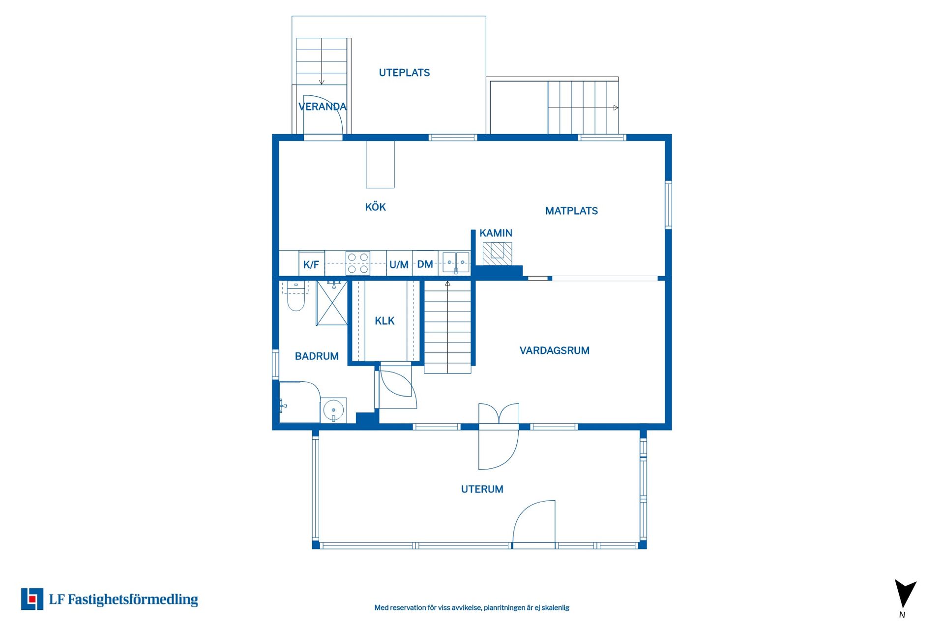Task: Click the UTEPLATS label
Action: [x=404, y=73]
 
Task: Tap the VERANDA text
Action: [x=323, y=107]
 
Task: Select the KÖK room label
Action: [x=375, y=207]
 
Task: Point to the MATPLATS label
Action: [x=571, y=211]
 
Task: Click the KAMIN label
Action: [x=496, y=233]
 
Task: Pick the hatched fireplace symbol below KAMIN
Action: [x=497, y=254]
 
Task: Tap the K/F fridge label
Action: [x=311, y=265]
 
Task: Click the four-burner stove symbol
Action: [x=358, y=263]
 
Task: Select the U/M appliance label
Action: [x=399, y=265]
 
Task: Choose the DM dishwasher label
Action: [x=425, y=264]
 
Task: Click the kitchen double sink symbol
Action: [x=456, y=262]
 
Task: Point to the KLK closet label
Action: [x=384, y=321]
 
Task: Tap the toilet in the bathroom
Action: [x=296, y=296]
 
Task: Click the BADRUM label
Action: [x=317, y=356]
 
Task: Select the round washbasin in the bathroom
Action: [x=334, y=410]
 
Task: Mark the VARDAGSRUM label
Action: [x=555, y=350]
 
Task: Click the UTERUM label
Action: [x=482, y=489]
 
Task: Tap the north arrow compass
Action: [x=905, y=595]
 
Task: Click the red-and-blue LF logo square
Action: [x=32, y=599]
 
